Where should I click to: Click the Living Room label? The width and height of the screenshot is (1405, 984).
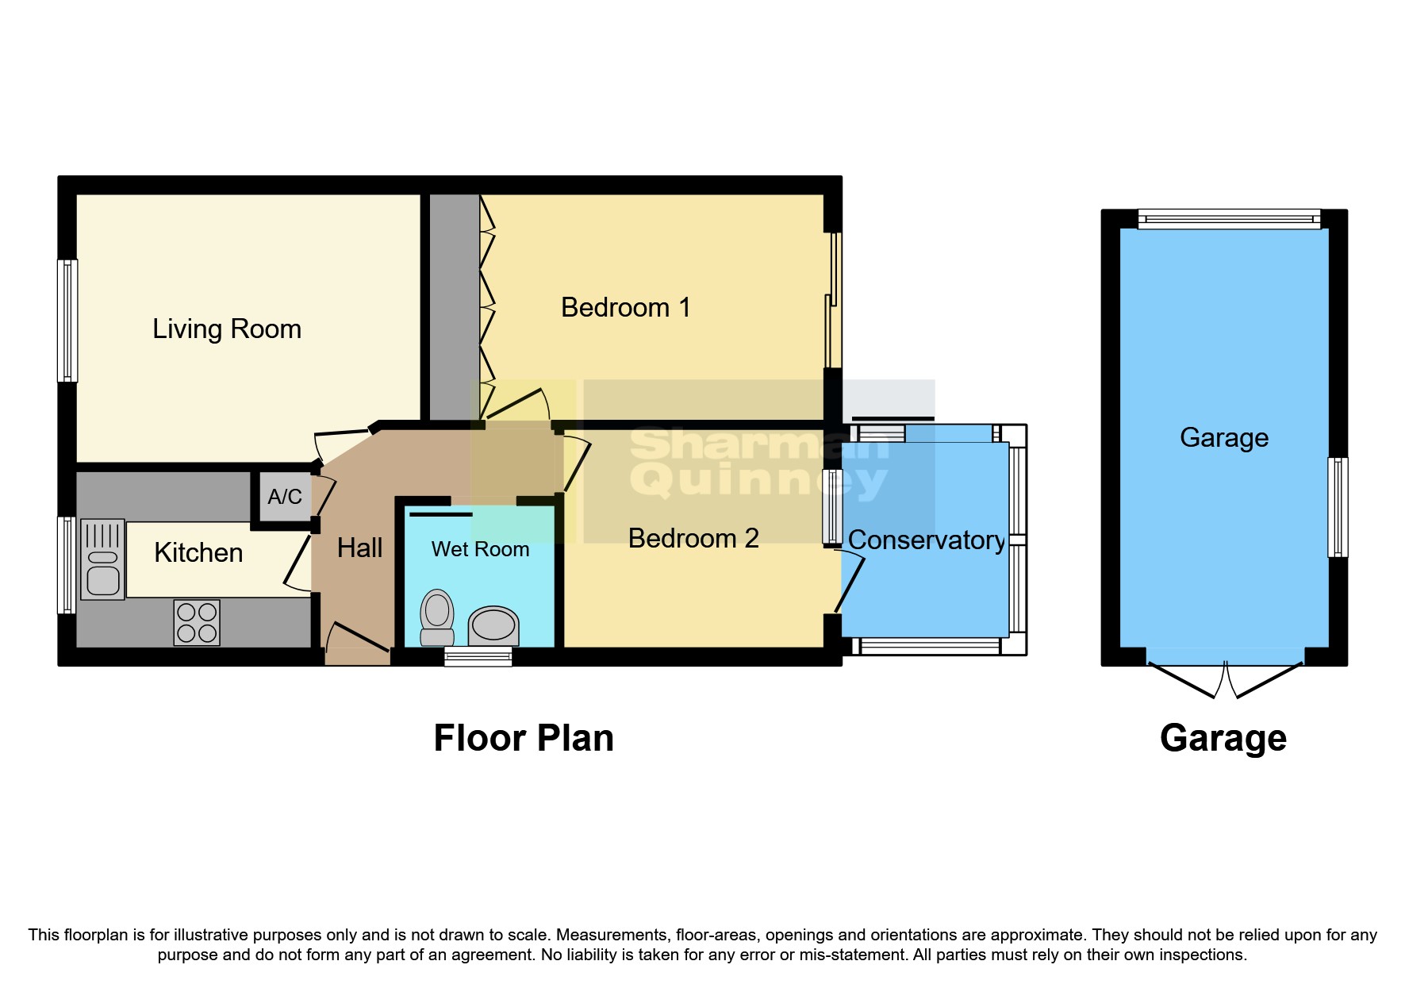click(227, 329)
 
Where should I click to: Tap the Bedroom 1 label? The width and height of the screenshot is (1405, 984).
click(625, 307)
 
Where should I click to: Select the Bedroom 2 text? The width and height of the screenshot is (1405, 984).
click(693, 538)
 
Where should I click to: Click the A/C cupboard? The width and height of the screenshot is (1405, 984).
click(284, 497)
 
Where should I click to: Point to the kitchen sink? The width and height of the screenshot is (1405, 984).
click(102, 559)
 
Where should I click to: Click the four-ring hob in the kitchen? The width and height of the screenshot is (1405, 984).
click(197, 622)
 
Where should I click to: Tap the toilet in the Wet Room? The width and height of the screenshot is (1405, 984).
click(436, 617)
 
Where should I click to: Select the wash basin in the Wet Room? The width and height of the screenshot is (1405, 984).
click(493, 625)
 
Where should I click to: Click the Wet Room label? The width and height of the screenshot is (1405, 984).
click(480, 549)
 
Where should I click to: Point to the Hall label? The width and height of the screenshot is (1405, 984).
click(359, 548)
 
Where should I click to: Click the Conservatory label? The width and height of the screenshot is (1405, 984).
click(926, 540)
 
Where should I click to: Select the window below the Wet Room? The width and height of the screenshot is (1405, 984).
click(478, 655)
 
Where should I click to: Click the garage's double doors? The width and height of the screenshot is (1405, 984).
click(1226, 679)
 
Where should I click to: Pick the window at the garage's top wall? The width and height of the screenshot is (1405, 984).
click(1228, 219)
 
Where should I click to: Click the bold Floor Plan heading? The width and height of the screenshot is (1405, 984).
click(524, 738)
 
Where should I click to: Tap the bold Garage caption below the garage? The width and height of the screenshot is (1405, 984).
click(1223, 738)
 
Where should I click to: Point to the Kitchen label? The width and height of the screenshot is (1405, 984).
click(198, 552)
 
